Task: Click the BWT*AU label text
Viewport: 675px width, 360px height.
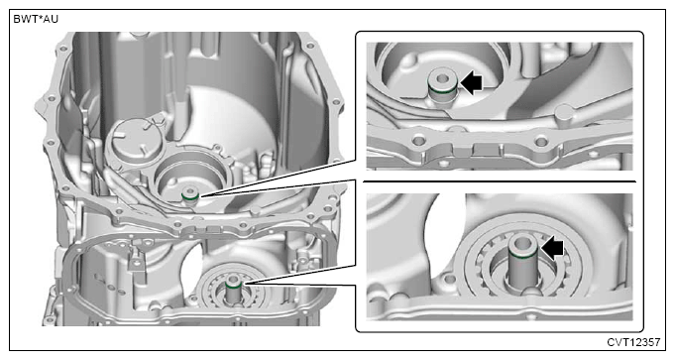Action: [36, 20]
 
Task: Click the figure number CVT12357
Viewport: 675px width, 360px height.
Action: [633, 342]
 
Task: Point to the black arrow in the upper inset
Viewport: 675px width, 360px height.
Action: [472, 83]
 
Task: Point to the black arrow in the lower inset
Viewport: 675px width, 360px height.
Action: [553, 249]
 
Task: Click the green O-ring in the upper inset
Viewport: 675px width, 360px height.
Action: [442, 91]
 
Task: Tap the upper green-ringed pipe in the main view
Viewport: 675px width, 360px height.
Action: [190, 195]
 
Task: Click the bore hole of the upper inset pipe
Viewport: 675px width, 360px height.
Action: [442, 79]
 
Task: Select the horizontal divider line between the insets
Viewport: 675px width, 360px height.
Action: [500, 181]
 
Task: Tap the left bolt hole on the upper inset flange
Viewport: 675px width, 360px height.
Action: [418, 140]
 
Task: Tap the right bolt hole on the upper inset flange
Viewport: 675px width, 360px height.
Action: [540, 141]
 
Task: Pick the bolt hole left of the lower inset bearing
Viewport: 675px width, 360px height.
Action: [449, 280]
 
